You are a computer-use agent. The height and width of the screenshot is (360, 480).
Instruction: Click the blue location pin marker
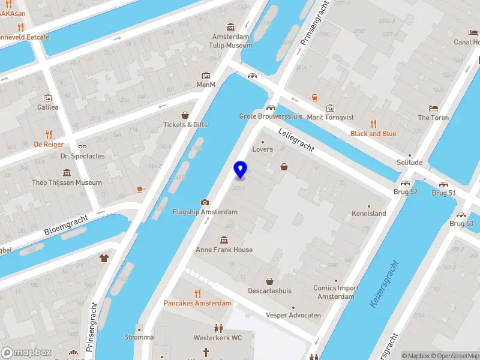click(241, 169)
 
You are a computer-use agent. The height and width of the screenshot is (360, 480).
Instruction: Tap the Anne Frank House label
click(224, 250)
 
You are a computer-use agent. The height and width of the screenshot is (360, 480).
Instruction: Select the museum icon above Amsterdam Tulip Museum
click(231, 27)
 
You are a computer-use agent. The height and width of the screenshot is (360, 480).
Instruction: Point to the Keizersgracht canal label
click(384, 284)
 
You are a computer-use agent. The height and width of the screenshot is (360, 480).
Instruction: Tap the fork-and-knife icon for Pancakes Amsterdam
click(197, 293)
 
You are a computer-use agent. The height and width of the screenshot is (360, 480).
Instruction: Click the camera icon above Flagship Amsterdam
click(205, 202)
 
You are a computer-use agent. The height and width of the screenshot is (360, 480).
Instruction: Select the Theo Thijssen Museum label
click(67, 182)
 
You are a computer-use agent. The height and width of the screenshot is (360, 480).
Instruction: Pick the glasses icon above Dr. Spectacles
click(82, 146)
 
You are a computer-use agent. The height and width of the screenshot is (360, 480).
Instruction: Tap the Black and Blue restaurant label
click(373, 134)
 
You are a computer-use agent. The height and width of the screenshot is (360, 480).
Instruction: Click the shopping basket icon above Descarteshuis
click(270, 281)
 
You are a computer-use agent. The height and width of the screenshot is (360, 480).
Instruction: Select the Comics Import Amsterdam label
click(336, 292)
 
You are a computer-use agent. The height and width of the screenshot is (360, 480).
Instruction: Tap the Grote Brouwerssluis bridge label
click(271, 116)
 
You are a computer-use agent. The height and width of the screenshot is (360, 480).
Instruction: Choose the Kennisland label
click(368, 214)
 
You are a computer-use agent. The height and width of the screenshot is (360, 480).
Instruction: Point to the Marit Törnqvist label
click(331, 117)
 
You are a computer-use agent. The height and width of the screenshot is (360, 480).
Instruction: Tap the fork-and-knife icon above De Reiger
click(49, 134)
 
